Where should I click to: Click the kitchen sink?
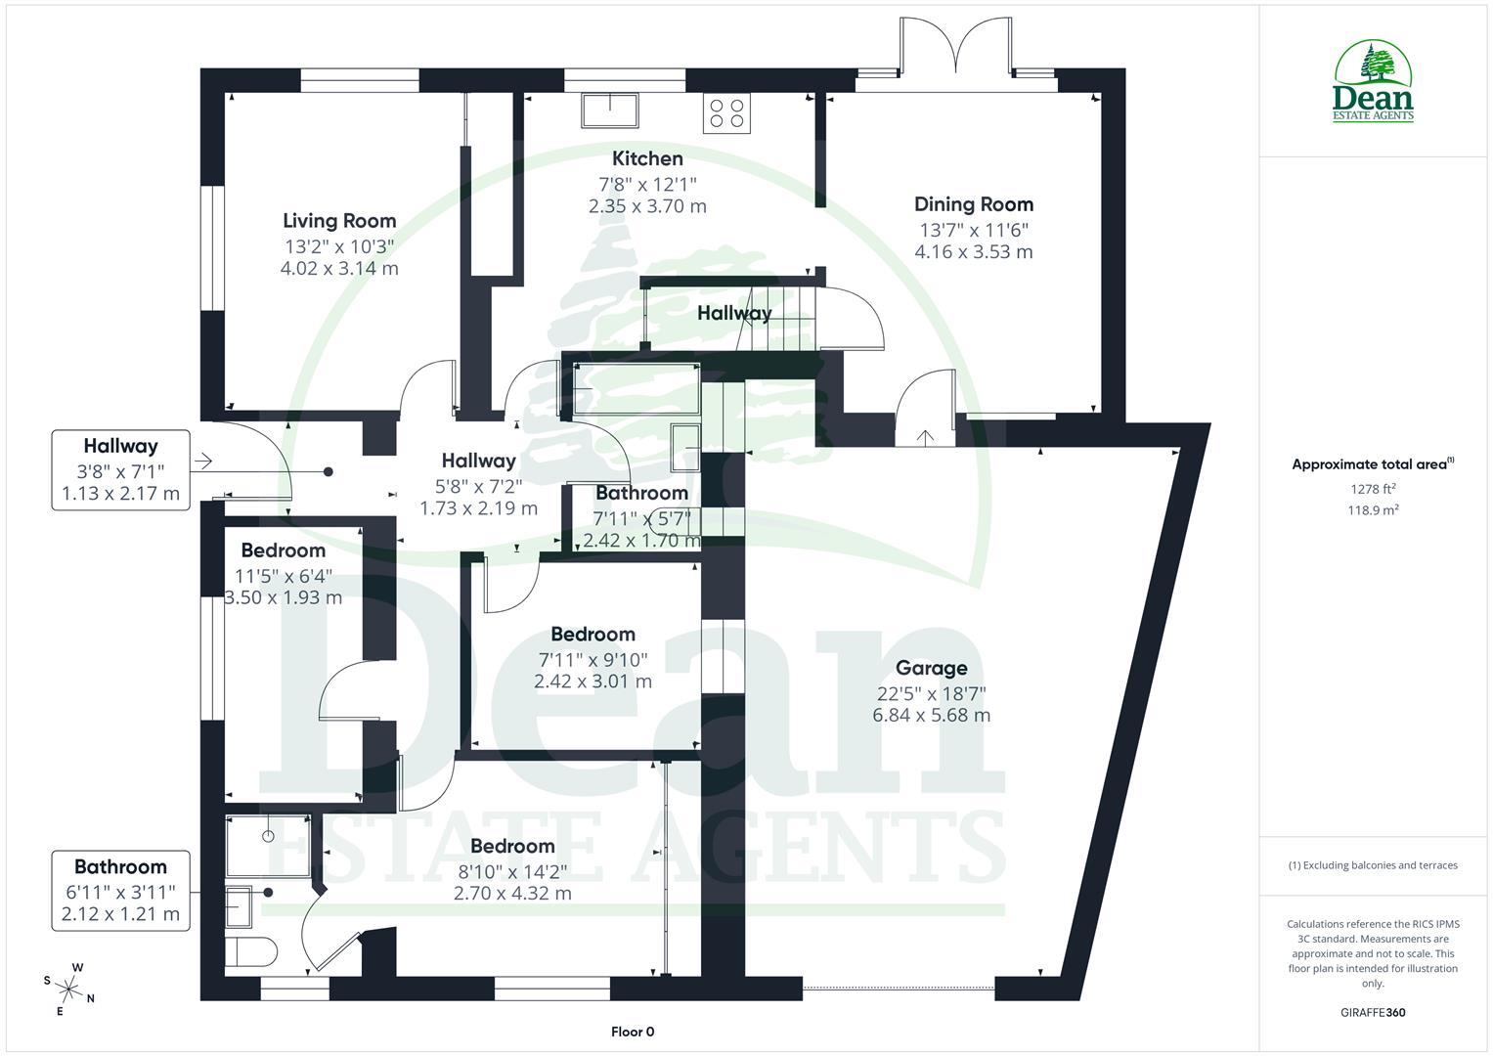point(609,110)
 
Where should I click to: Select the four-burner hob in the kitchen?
point(726,113)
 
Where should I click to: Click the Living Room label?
point(339,221)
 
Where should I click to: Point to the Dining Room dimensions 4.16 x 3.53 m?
point(973,252)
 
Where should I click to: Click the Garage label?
point(931,669)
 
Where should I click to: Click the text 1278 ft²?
point(1374,488)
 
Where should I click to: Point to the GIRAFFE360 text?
point(1374,1013)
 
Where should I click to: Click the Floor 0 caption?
point(632,1032)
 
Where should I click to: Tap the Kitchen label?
point(647,158)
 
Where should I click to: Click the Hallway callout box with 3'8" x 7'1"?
point(120,469)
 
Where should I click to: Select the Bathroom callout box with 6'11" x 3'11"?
point(120,890)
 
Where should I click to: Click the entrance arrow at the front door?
point(204,460)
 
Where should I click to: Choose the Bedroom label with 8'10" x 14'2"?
point(512,846)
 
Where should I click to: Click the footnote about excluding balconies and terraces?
point(1374,865)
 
